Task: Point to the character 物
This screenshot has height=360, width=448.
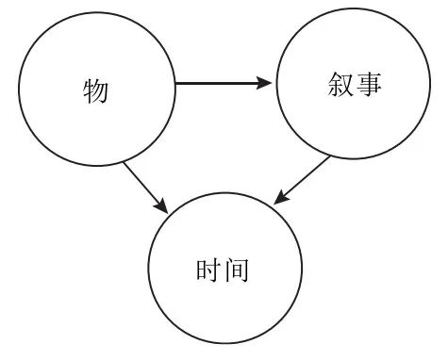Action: click(x=95, y=91)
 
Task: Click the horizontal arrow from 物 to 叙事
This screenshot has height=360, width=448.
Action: click(x=224, y=84)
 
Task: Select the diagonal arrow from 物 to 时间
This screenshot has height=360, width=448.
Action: click(x=145, y=187)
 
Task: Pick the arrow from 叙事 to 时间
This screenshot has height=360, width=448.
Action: click(x=303, y=180)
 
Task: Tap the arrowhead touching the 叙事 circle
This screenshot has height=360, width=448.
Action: click(x=267, y=84)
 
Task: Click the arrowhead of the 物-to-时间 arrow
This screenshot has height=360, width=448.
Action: click(x=163, y=205)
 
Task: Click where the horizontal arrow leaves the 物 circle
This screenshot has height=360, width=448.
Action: click(x=176, y=84)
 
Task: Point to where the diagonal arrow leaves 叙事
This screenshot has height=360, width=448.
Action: click(x=329, y=157)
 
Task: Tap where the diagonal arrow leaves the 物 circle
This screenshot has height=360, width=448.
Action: click(x=124, y=162)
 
